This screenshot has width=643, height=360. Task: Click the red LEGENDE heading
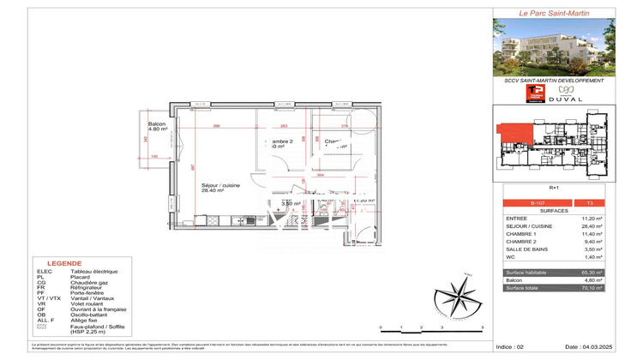66,264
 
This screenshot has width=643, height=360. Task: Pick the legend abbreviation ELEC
45,271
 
